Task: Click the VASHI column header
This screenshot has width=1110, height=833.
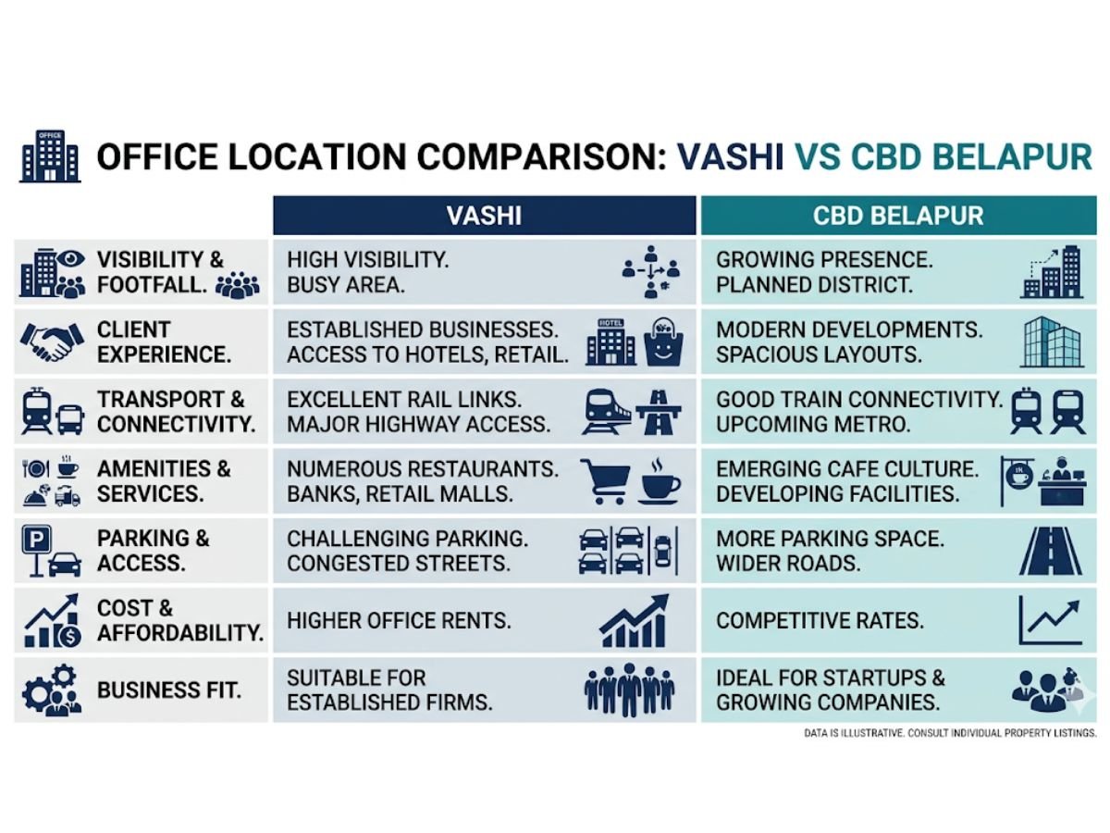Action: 484,216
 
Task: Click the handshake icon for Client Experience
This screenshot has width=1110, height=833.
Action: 48,342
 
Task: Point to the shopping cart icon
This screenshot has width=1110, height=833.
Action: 605,481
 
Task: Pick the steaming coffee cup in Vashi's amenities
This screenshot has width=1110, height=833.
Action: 659,479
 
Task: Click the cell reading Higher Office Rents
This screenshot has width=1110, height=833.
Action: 399,620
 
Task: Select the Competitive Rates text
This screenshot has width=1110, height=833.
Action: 820,620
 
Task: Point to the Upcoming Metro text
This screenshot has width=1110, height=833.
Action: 813,425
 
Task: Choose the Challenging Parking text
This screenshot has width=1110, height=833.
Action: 407,538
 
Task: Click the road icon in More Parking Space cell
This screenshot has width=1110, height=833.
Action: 1050,551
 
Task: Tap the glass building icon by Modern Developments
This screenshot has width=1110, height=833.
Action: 1051,342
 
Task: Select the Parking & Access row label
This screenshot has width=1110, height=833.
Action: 154,550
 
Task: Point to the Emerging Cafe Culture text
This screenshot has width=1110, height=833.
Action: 846,469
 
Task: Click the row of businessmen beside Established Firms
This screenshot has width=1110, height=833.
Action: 629,690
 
